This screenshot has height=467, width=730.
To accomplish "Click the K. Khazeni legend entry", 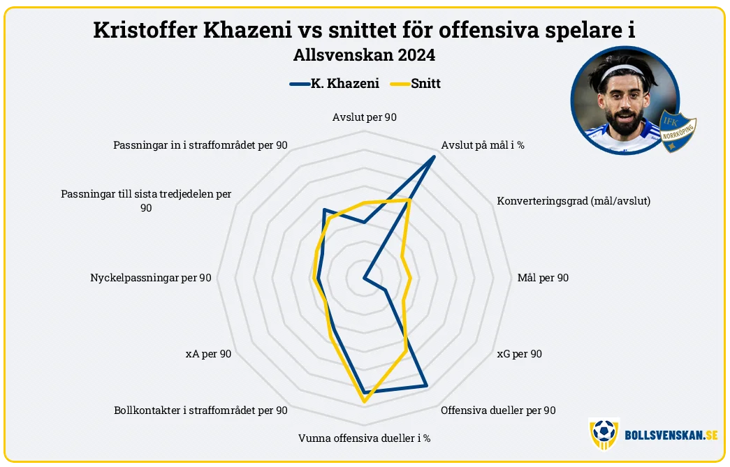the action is (335, 84).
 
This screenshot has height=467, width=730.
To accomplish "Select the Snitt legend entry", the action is (415, 84).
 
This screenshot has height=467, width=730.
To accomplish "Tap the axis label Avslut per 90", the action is (365, 117).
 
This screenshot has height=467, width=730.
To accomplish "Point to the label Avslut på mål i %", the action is (483, 145).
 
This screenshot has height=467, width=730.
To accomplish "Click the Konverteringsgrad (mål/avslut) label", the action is (574, 201).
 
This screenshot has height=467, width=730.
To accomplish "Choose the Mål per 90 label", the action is (543, 278).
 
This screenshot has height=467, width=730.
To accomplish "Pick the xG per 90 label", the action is (519, 354).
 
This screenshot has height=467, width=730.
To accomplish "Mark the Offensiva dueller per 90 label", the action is (498, 410).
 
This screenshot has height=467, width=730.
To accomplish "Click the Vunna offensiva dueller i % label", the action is (365, 438).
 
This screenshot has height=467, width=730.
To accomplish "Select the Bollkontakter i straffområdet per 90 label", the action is (200, 410).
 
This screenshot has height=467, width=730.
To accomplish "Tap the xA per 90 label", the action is (209, 354).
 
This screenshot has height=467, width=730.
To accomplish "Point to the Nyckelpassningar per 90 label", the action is (151, 278).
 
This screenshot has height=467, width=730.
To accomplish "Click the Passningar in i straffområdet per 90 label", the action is (200, 145).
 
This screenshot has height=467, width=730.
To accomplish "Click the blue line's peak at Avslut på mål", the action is (434, 157).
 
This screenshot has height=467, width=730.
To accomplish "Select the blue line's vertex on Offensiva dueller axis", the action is (426, 385).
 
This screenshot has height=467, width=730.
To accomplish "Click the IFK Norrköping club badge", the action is (678, 132).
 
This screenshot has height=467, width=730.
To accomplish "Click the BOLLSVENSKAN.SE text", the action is (671, 436).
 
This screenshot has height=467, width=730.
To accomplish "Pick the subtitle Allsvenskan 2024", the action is (365, 55).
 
